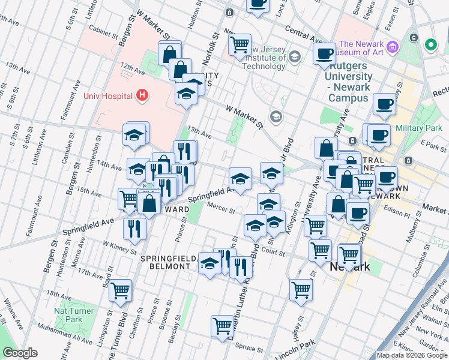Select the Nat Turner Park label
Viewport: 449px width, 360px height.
pos(74,316)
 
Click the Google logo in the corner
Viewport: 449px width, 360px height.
pos(20,353)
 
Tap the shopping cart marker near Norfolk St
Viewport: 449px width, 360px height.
pos(240,44)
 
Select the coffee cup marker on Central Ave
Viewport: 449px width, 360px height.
pos(325,53)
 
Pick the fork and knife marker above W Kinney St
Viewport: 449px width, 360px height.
pos(134,229)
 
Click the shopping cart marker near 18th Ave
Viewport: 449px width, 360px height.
pos(121,290)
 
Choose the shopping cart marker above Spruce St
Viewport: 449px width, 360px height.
pos(222,326)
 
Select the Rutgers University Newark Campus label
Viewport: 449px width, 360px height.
pos(348,77)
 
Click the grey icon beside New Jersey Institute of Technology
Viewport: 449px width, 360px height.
pos(295,57)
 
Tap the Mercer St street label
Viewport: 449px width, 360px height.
pos(220,209)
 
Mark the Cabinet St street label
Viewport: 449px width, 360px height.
pos(104,26)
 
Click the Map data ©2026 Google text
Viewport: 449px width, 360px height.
pos(412,355)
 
